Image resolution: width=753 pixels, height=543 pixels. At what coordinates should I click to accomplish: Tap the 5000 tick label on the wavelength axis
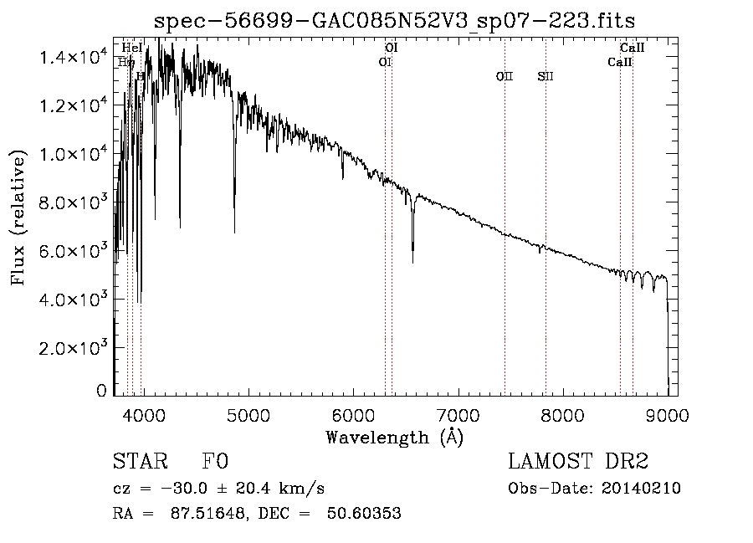(248, 415)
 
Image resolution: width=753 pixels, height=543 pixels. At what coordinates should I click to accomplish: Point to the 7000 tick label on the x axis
(458, 415)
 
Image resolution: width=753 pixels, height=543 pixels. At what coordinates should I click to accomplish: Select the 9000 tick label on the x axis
(667, 415)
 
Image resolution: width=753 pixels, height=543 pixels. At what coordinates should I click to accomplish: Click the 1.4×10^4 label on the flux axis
(74, 57)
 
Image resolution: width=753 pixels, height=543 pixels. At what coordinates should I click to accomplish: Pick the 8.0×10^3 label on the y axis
(74, 202)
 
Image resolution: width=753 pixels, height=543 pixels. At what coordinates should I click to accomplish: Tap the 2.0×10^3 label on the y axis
(74, 348)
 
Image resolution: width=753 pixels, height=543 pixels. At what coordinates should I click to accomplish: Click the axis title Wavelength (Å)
(394, 437)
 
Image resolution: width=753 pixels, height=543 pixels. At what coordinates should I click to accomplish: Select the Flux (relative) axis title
(18, 218)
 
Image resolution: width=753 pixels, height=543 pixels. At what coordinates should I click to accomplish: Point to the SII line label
(546, 76)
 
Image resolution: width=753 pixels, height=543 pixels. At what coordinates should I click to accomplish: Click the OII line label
(504, 76)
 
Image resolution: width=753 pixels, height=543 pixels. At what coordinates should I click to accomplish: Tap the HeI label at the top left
(132, 49)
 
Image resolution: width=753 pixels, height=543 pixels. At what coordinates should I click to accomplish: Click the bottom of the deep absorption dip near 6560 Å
(412, 263)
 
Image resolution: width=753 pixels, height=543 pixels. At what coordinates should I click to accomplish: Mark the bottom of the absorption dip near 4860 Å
(234, 232)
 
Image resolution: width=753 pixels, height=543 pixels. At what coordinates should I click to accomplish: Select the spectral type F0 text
(215, 462)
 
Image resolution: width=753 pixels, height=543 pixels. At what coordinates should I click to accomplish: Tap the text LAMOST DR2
(578, 462)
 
